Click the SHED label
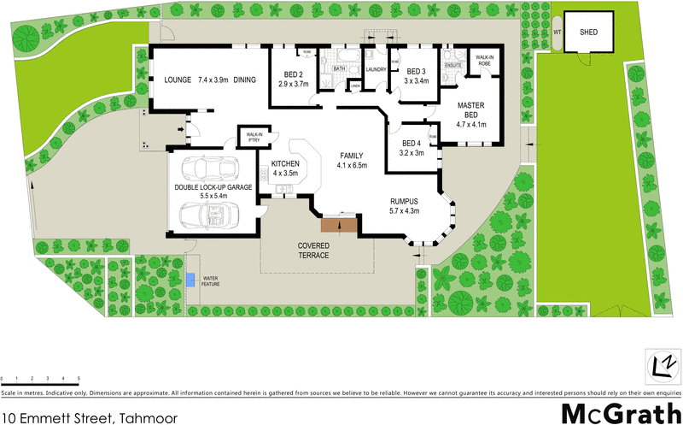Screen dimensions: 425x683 coord(588,32)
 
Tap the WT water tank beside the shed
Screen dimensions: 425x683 coord(557,32)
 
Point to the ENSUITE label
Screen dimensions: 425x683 coord(453,63)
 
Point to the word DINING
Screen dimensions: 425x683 coord(245,80)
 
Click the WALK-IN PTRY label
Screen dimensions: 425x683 coord(254,138)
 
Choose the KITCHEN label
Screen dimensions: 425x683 coord(285,163)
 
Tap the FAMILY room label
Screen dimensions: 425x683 coord(351,156)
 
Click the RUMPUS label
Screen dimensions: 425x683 coord(406,201)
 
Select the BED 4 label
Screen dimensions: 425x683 coord(411,143)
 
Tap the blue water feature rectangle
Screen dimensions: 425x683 coord(189,279)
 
